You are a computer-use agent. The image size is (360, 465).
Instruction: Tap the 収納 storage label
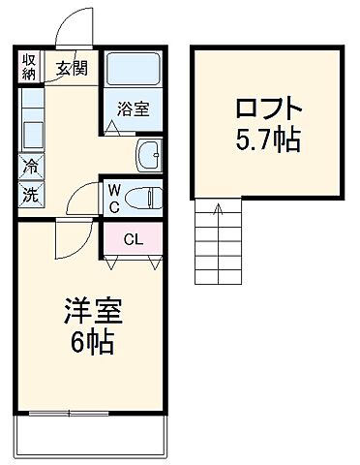click(30, 67)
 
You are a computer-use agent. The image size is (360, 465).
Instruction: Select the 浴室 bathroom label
click(134, 109)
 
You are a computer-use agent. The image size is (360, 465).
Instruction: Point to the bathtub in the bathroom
click(134, 70)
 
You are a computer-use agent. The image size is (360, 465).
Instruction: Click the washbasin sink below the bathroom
click(150, 153)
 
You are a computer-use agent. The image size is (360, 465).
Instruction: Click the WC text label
click(113, 197)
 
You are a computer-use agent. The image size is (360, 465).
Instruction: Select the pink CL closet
click(133, 238)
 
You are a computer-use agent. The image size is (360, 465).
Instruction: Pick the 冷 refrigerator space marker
click(29, 166)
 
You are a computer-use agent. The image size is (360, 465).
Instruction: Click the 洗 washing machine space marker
click(29, 193)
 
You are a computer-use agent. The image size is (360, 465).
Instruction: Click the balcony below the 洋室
click(89, 437)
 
